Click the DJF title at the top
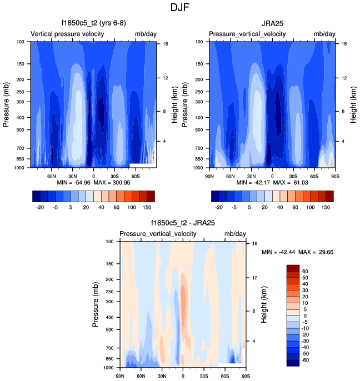click(179, 8)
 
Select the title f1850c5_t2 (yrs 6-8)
click(92, 24)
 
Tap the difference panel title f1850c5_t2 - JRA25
click(182, 223)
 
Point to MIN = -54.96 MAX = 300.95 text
click(93, 182)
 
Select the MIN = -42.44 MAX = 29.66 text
click(297, 252)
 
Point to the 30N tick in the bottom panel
click(162, 375)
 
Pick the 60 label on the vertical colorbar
click(306, 272)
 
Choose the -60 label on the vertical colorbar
click(306, 360)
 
